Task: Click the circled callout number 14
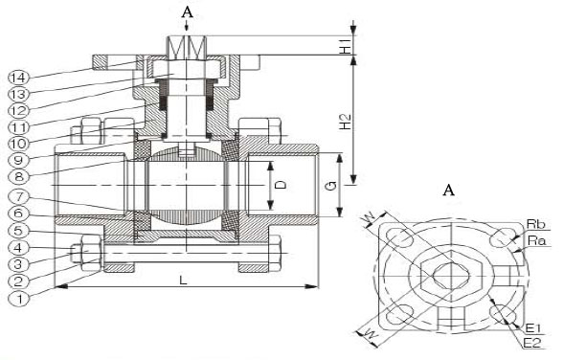coord(18,78)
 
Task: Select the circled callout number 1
coord(18,299)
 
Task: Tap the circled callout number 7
coord(18,196)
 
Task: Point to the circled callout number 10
coord(18,144)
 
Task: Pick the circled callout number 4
coord(18,247)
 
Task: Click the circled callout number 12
coord(18,111)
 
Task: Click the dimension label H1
coord(346,45)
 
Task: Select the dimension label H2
coord(346,122)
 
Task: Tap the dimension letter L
coord(183,280)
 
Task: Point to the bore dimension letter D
coord(282,185)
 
